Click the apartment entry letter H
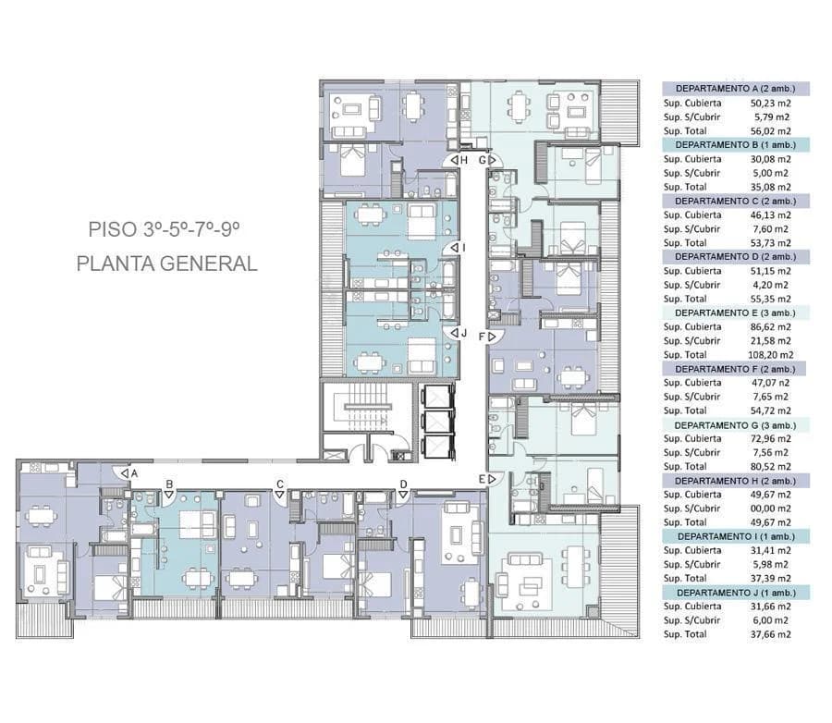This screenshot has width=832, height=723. coord(464,160)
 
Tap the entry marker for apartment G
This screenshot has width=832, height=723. coord(483,160)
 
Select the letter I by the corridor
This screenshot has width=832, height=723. coord(464,248)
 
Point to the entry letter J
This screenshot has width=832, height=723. coord(464,333)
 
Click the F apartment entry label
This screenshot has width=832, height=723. coord(482,337)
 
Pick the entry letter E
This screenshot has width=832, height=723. coord(482,479)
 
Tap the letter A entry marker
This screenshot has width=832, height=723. coord(134,473)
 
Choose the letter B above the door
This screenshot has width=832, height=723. coord(169,484)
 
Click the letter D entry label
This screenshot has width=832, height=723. coord(404,484)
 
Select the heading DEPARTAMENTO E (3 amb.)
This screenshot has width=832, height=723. coord(736,313)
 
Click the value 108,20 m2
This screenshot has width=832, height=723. coord(770,355)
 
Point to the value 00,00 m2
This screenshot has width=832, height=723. coord(770,509)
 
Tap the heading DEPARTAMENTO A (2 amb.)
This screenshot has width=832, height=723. coord(736,89)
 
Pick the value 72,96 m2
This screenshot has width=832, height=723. coord(770,438)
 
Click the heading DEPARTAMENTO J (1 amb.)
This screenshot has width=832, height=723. coord(737,593)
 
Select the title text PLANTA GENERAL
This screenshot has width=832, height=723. coord(167,263)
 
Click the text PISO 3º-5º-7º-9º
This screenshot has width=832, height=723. coord(164,229)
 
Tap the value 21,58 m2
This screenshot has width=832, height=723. coord(770,341)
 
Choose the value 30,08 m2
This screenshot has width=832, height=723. coord(770,159)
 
